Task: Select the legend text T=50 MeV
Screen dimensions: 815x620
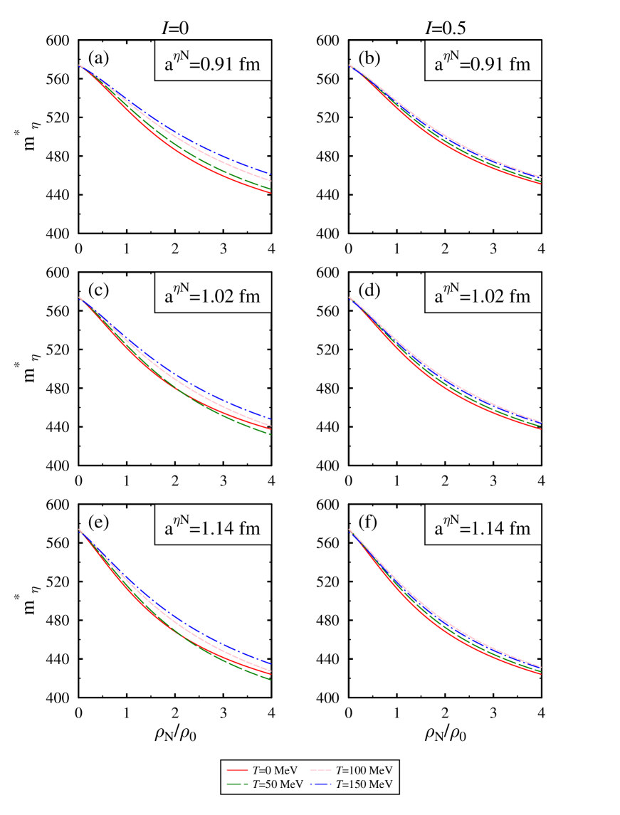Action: click(x=277, y=784)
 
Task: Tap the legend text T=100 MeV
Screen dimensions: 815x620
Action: click(x=364, y=770)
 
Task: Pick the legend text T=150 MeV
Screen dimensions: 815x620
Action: click(x=364, y=784)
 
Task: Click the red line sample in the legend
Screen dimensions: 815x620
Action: click(x=236, y=770)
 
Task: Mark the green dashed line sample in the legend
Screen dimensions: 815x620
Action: click(x=236, y=784)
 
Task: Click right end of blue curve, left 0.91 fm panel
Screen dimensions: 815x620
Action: click(x=270, y=174)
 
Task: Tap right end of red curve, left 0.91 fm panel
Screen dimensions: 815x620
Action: click(x=270, y=193)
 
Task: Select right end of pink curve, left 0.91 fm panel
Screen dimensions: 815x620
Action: click(x=270, y=181)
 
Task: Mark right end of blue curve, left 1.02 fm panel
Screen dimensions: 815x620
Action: click(x=270, y=418)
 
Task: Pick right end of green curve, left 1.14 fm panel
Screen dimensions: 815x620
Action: click(x=270, y=680)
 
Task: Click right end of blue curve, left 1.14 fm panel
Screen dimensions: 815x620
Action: click(x=270, y=663)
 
